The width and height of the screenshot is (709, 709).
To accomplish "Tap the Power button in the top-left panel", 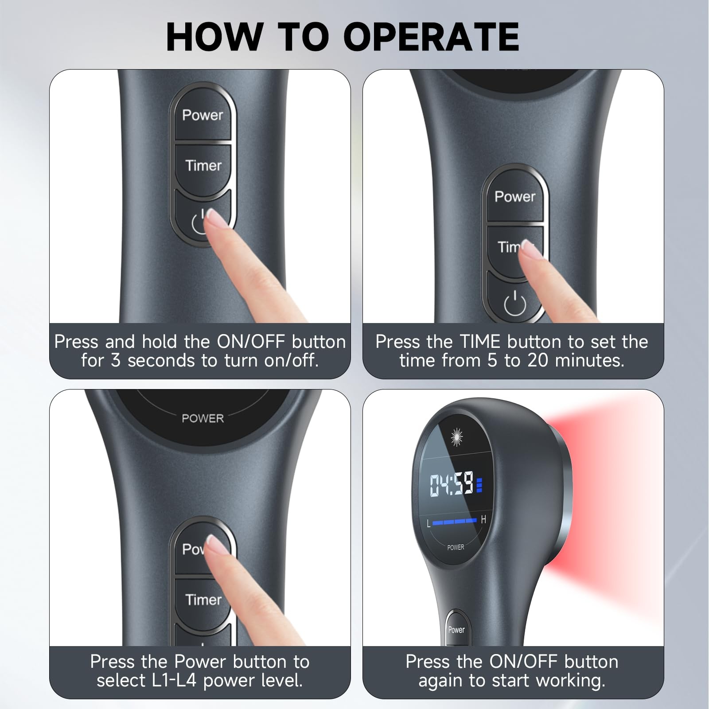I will tap(203, 115).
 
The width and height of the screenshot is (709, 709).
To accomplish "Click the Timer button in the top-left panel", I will tap(203, 166).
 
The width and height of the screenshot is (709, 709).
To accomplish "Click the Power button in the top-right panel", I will tap(514, 197).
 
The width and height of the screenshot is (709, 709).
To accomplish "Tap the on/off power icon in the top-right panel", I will tap(515, 303).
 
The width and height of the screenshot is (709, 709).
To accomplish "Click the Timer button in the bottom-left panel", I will tap(203, 600).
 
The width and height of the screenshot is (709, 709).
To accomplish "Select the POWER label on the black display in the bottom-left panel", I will tap(203, 418).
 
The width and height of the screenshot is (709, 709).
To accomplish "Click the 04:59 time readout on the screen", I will tap(452, 484).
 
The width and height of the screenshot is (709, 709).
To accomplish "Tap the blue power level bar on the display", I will tap(454, 522).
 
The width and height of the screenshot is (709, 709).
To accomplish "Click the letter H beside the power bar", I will tap(483, 519).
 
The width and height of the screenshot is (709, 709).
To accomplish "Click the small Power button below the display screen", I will tap(456, 630).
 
